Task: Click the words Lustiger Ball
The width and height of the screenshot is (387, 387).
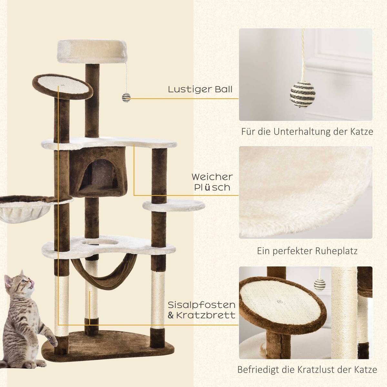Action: click(x=200, y=89)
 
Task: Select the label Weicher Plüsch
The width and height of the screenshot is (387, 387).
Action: click(x=212, y=182)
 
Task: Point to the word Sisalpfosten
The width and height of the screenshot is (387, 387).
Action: click(x=202, y=305)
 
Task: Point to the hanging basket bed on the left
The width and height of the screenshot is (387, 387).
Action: click(x=16, y=208)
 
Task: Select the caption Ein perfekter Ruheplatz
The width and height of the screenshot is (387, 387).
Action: click(x=307, y=251)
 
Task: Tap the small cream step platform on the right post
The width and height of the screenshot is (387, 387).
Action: click(x=174, y=205)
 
